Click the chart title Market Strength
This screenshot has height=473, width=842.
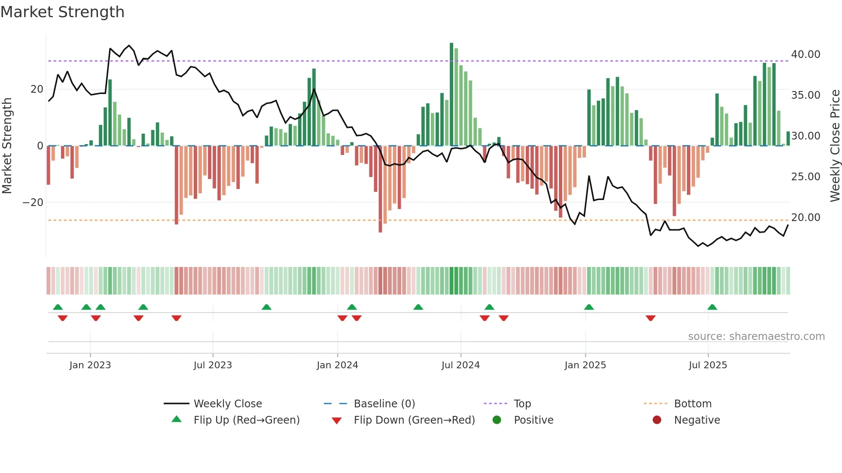pos(62,12)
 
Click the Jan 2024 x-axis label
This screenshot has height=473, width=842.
pos(337,365)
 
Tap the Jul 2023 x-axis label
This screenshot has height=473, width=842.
pos(213,365)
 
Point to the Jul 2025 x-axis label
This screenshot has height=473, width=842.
pos(708,365)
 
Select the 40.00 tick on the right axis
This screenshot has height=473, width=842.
pos(805,55)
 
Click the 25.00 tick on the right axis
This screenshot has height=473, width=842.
pos(805,177)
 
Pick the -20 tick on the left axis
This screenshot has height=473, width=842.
pos(33,203)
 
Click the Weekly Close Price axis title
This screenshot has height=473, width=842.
pos(835,146)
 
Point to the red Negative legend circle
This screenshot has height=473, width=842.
pos(657,420)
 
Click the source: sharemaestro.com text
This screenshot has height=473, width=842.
pos(756,337)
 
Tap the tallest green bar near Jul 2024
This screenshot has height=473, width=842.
pos(452,94)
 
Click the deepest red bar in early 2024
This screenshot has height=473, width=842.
pos(380,189)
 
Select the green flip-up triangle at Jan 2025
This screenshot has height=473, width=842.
pos(589,307)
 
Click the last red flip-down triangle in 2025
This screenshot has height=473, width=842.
pos(650,318)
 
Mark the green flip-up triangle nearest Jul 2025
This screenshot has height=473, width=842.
pos(712,307)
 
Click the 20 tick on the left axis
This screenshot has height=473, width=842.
pos(37,89)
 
